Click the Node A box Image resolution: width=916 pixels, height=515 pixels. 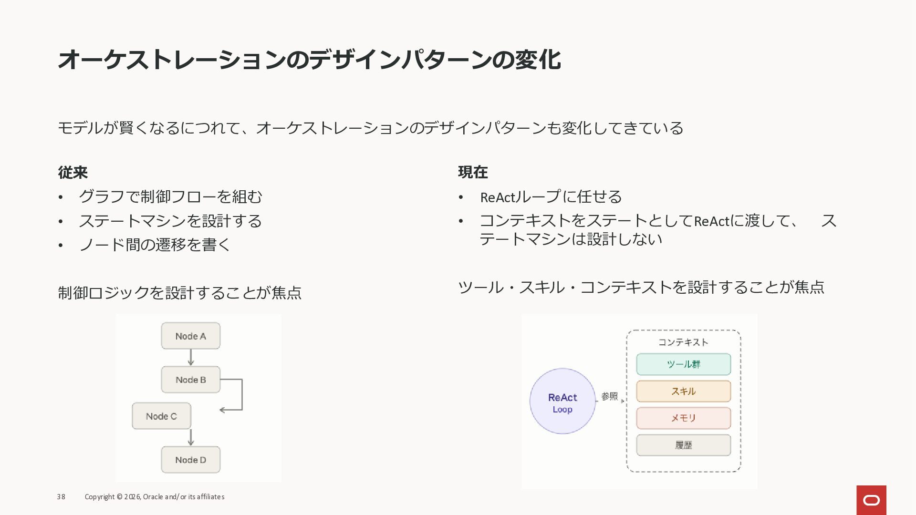(x=190, y=336)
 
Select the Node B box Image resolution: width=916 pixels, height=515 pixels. (x=190, y=380)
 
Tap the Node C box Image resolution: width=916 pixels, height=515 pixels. (x=161, y=416)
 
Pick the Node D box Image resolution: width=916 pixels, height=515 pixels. (x=190, y=460)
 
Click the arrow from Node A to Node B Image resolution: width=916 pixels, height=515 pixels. (x=191, y=358)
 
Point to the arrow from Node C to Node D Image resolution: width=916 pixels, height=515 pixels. (x=191, y=437)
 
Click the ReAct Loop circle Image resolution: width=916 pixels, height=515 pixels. (x=562, y=401)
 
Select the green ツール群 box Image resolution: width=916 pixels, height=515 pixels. (x=683, y=364)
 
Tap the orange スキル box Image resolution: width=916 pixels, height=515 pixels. (x=683, y=391)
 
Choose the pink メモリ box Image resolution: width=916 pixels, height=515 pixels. (x=683, y=418)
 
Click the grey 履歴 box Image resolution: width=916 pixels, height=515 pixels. (x=683, y=445)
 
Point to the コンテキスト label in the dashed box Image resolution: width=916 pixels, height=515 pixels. (x=683, y=342)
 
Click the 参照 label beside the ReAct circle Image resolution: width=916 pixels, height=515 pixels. (x=609, y=396)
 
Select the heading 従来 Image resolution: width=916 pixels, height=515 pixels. (x=73, y=172)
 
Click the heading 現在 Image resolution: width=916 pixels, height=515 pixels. (x=473, y=172)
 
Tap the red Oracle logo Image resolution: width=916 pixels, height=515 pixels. (x=871, y=500)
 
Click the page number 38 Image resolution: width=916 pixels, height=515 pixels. (x=61, y=497)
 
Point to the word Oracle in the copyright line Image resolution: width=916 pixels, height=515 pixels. (x=153, y=497)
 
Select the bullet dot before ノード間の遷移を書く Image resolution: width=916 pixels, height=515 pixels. (x=61, y=245)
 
